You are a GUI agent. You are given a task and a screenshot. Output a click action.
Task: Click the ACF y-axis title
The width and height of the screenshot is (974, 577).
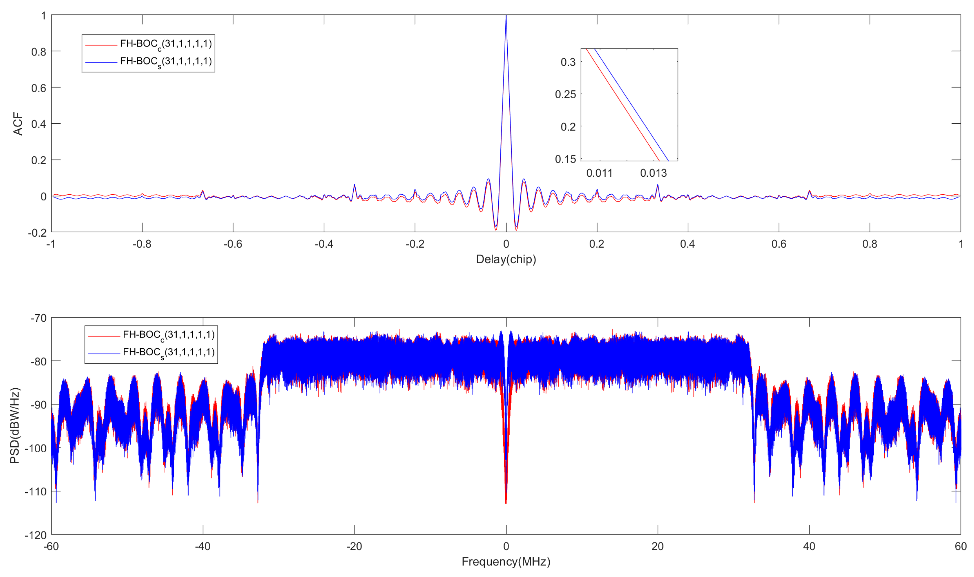[18, 124]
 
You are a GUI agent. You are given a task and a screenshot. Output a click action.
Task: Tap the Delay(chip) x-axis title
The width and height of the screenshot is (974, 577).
[506, 259]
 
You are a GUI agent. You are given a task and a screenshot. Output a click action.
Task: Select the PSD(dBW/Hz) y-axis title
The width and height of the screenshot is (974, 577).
[15, 426]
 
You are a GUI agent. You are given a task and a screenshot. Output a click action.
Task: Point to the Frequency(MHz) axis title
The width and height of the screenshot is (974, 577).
[506, 562]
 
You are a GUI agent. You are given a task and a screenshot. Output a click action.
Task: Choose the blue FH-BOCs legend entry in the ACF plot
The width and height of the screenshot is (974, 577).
[166, 62]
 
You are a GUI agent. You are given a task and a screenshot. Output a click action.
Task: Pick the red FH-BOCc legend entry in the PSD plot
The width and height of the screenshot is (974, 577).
[169, 335]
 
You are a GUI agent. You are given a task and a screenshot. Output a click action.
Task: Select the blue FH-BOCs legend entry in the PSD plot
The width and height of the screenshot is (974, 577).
[169, 353]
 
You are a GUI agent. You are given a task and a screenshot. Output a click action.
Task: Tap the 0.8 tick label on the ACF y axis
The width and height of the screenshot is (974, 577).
[39, 52]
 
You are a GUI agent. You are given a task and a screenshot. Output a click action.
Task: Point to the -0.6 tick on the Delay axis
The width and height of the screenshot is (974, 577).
[233, 244]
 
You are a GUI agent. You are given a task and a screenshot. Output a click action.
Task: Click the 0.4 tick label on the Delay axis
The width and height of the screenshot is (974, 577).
[687, 244]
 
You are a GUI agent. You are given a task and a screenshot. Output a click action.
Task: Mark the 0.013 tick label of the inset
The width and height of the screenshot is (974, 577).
[653, 173]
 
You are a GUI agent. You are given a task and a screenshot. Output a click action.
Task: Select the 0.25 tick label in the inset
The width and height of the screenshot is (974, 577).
[565, 94]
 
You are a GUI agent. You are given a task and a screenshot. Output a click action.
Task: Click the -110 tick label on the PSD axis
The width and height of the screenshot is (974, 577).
[35, 492]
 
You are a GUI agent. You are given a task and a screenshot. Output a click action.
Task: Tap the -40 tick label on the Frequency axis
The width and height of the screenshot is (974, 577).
[202, 547]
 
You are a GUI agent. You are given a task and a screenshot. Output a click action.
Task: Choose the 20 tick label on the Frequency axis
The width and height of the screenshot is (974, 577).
[657, 547]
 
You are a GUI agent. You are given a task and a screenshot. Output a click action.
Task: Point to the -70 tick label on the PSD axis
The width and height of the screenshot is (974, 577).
[38, 318]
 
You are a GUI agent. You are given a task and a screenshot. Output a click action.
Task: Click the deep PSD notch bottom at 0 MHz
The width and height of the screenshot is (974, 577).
[506, 502]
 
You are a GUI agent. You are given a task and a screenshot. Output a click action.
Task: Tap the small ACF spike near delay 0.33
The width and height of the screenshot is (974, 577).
[657, 185]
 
